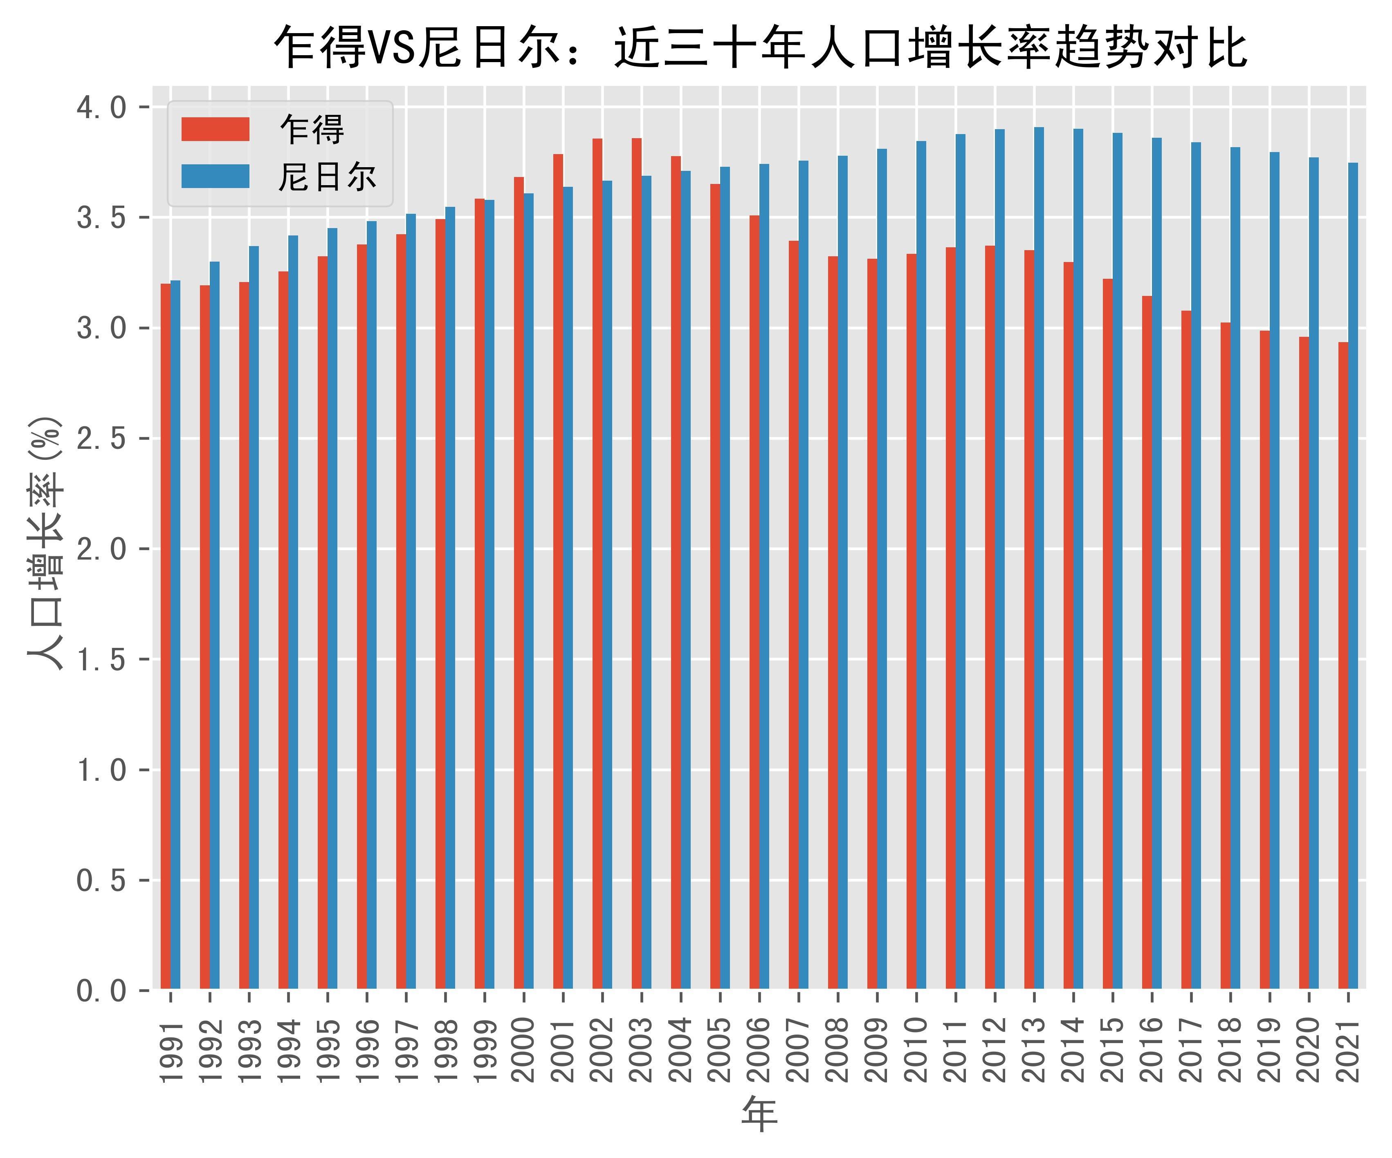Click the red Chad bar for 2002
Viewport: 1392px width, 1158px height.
tap(597, 563)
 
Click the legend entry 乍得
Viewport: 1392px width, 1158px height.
tap(312, 130)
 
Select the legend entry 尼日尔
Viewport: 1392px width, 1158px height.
tap(327, 177)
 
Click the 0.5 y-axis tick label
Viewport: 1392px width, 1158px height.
tap(101, 880)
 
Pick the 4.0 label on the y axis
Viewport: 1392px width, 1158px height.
tap(101, 108)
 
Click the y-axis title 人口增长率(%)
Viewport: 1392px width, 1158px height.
tap(45, 543)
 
